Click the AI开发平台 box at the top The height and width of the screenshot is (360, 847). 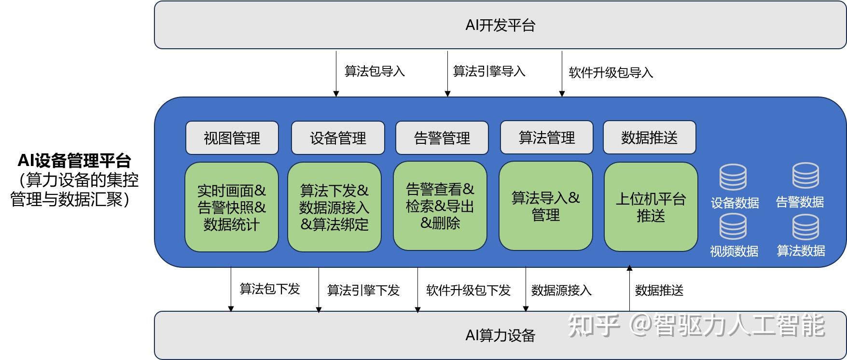[x=500, y=25]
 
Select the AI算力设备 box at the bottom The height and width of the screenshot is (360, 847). [x=500, y=335]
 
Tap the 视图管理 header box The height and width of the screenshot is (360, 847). [x=232, y=138]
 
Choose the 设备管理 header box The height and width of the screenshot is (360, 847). [x=338, y=138]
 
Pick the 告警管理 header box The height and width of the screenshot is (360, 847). [x=442, y=138]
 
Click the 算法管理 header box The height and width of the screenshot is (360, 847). [x=546, y=138]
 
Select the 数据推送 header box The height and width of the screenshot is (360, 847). [x=650, y=138]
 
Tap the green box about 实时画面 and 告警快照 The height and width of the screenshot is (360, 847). [x=232, y=207]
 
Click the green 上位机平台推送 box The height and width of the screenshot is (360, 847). [x=651, y=207]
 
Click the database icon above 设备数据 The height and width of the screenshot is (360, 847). [x=733, y=178]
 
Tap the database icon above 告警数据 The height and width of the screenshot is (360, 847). [x=805, y=176]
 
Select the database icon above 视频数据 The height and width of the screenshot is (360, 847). [x=733, y=227]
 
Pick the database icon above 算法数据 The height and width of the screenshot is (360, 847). [x=805, y=227]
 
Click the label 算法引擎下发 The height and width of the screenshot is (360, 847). [x=363, y=290]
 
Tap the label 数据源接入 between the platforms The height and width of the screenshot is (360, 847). [x=561, y=290]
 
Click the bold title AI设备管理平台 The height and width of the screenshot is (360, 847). [x=74, y=161]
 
